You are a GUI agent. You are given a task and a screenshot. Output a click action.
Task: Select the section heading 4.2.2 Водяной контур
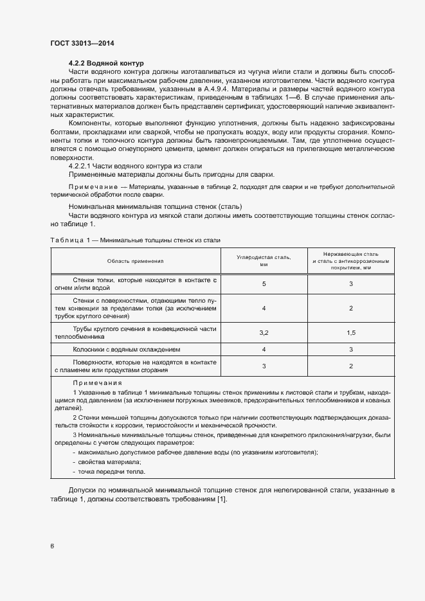coord(105,63)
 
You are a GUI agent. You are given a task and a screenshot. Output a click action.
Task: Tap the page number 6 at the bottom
coord(52,546)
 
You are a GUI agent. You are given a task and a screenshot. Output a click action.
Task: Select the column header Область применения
coord(136,261)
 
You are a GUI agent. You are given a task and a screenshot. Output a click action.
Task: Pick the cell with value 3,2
coord(264,332)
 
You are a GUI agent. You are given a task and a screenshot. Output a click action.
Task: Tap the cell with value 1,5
coord(351,332)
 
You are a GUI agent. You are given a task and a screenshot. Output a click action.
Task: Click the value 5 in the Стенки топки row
coord(264,283)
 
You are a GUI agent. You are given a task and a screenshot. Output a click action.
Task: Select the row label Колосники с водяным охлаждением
coord(126,350)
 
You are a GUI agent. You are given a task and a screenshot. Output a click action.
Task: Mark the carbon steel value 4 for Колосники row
coord(264,350)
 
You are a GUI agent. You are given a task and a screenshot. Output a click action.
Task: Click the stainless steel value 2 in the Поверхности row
coord(351,366)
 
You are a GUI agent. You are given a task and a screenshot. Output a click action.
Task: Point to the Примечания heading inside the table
coord(90,382)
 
